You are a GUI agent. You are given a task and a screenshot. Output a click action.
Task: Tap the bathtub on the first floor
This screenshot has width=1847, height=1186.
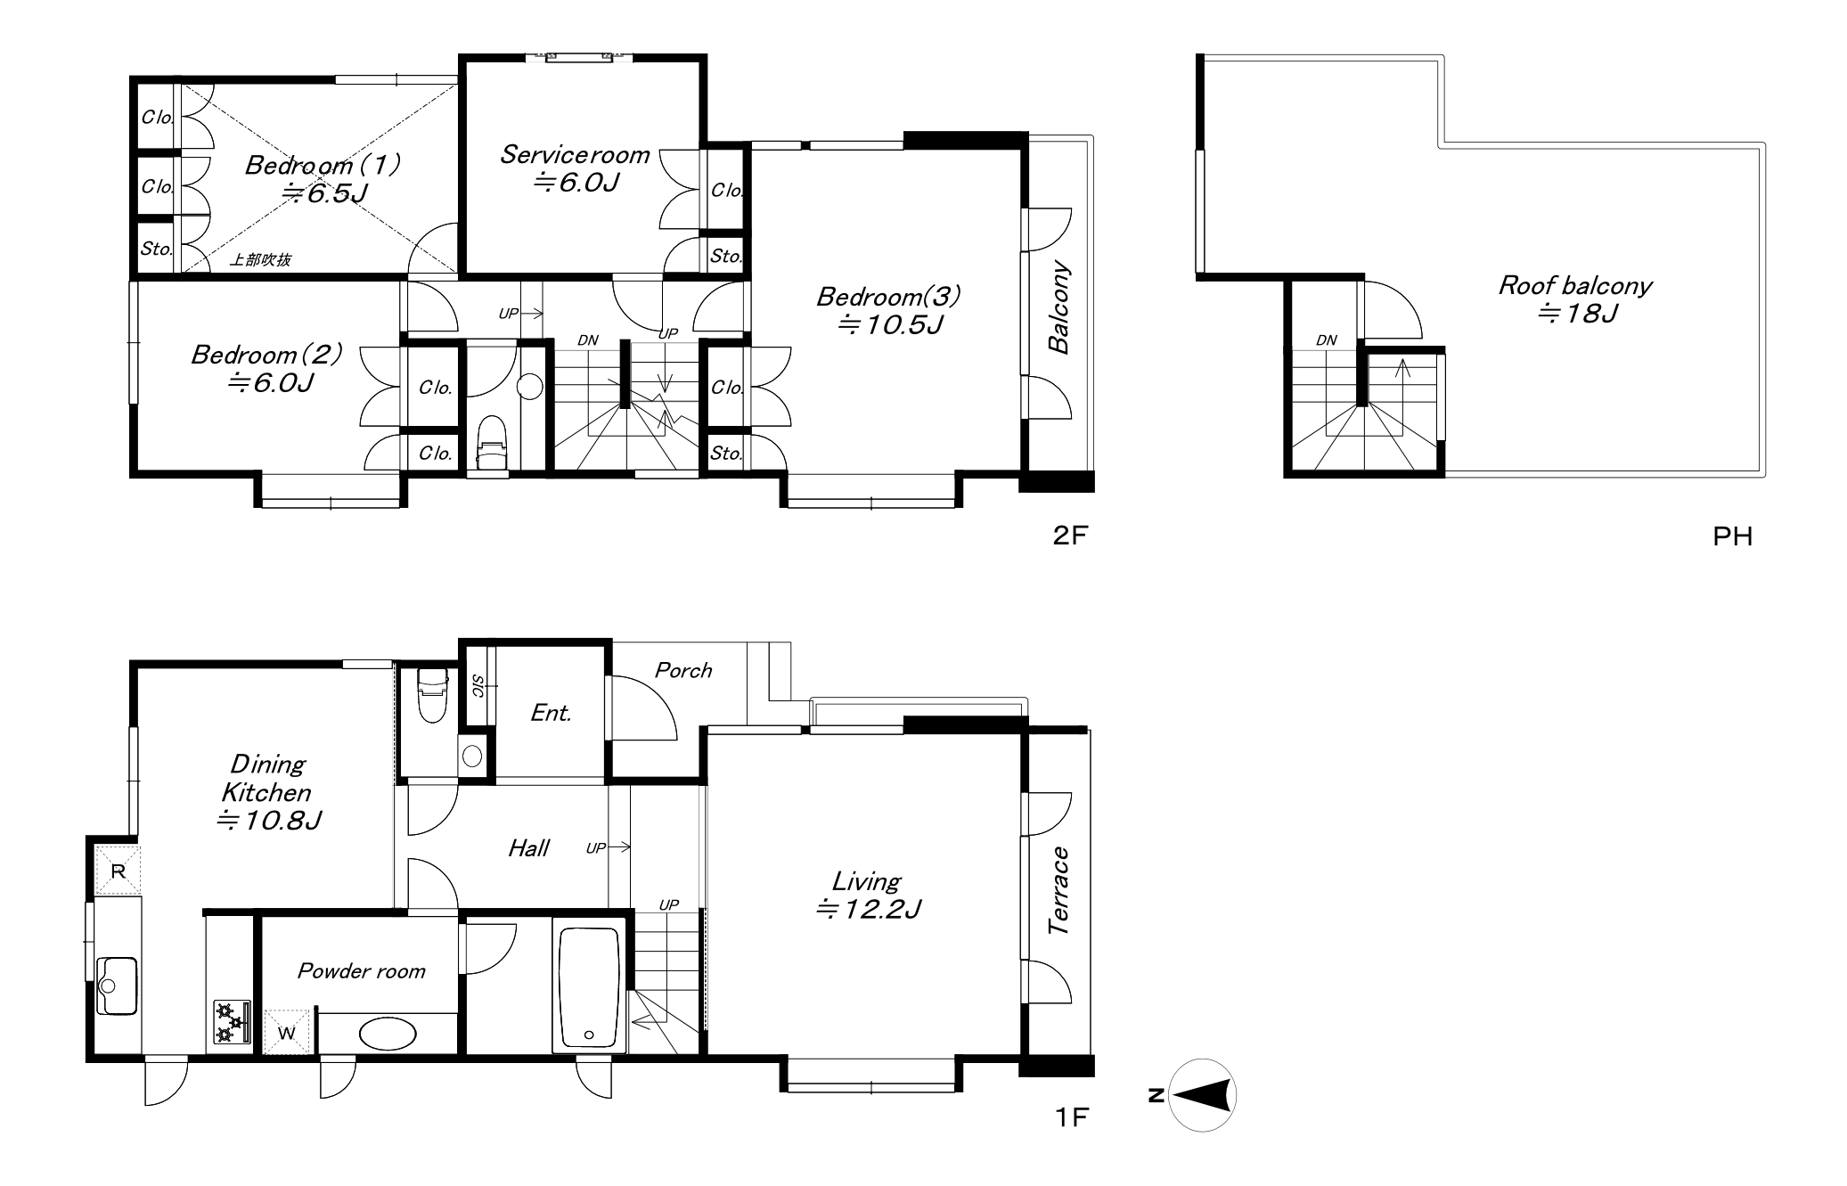589,987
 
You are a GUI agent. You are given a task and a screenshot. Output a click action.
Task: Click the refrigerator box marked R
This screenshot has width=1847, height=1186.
119,870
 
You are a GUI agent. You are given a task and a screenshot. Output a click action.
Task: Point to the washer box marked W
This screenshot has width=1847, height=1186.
287,1032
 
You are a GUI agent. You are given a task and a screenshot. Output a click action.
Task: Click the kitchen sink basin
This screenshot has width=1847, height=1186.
117,986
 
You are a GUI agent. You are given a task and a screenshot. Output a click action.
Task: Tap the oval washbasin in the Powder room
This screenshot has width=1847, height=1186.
388,1034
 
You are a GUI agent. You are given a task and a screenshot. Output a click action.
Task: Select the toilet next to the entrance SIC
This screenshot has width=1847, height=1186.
432,695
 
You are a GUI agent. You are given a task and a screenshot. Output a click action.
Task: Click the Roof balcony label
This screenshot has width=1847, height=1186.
1575,299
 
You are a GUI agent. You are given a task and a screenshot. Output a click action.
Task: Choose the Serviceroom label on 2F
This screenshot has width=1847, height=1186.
576,168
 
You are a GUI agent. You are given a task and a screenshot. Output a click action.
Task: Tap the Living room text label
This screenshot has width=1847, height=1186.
867,895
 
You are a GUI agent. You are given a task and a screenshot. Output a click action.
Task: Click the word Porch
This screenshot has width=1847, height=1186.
683,670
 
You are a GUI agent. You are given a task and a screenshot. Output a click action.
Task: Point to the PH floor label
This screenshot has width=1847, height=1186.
1732,536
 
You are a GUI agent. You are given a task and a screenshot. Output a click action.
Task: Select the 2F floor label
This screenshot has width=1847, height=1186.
1070,535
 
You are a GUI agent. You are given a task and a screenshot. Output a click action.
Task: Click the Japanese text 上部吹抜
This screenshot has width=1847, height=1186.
260,260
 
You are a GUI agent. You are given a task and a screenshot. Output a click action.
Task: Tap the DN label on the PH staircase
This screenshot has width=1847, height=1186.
1327,339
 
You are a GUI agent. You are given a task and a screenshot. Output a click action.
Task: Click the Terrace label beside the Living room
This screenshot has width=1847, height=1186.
1058,890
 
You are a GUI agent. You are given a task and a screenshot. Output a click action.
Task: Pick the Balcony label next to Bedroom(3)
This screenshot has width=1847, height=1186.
1058,307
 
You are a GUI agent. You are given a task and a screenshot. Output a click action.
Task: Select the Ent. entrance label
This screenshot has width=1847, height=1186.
551,713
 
